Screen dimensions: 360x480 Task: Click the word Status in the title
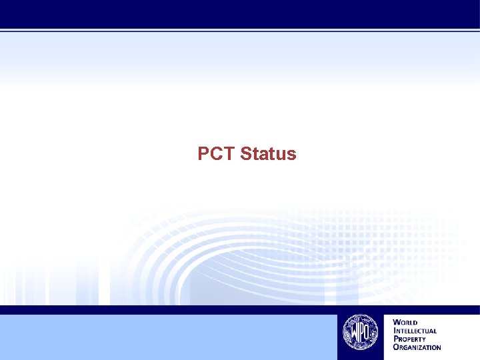coord(268,154)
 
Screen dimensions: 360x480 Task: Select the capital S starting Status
coord(246,154)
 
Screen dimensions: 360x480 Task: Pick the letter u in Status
coord(280,155)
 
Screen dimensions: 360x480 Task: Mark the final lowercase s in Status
coord(291,155)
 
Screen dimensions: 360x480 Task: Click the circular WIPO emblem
coord(360,332)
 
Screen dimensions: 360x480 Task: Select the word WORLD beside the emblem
coord(405,323)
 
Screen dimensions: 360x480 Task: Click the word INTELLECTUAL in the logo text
coord(415,331)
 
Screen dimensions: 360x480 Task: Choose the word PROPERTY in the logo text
coord(410,339)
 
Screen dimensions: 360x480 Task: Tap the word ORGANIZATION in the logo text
coord(417,347)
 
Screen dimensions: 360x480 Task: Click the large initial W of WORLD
coord(397,323)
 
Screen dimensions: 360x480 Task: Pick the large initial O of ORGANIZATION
coord(396,347)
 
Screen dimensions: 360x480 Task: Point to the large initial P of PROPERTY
coord(395,339)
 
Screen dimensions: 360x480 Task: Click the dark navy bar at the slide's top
coord(240,13)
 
